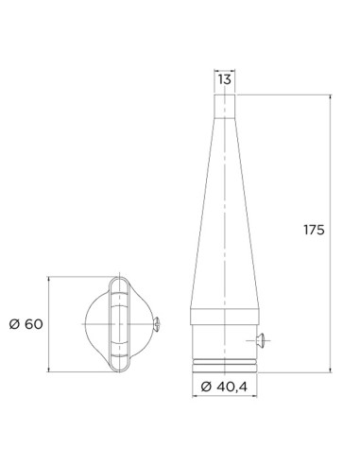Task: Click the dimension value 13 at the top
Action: [x=224, y=80]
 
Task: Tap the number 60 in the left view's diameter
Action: [x=35, y=324]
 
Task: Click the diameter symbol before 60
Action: [x=14, y=324]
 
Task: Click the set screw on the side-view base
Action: [x=263, y=338]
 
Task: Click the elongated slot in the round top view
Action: [x=119, y=324]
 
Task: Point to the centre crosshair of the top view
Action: [x=119, y=324]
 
